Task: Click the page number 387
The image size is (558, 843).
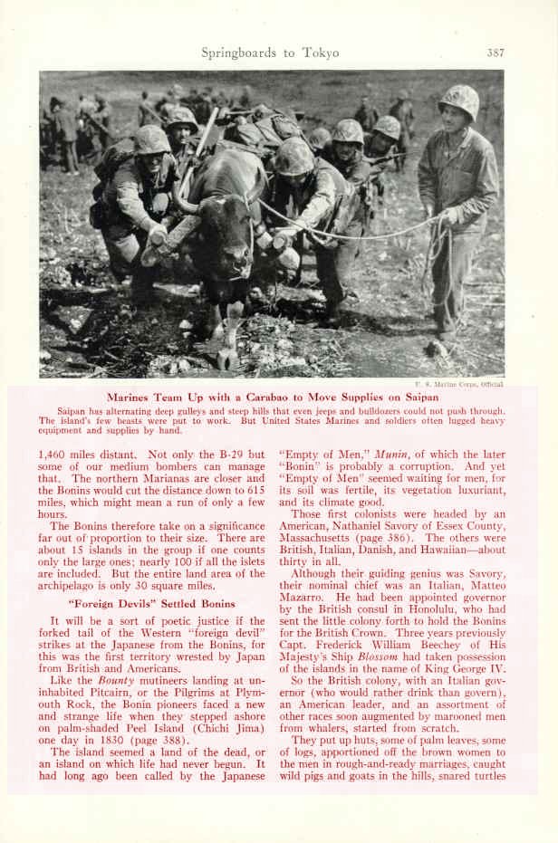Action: [495, 53]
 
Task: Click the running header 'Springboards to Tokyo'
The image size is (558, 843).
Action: [270, 53]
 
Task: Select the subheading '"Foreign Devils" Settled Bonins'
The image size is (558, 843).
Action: [152, 603]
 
